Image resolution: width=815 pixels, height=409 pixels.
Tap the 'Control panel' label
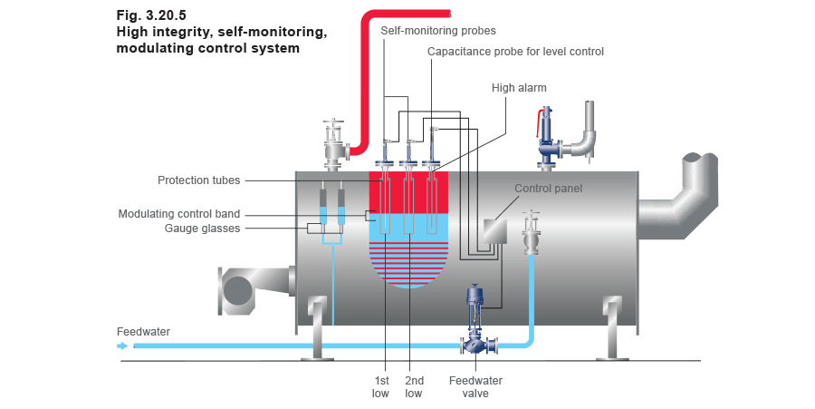(x=548, y=190)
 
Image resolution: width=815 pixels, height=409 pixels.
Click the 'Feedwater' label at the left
(x=143, y=332)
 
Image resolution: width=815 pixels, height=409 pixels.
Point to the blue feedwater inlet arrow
(x=124, y=346)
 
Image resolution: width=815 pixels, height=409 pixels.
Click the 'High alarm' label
(x=514, y=88)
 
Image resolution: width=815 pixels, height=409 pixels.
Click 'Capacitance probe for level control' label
(x=515, y=52)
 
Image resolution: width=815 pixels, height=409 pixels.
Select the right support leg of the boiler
(x=613, y=328)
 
